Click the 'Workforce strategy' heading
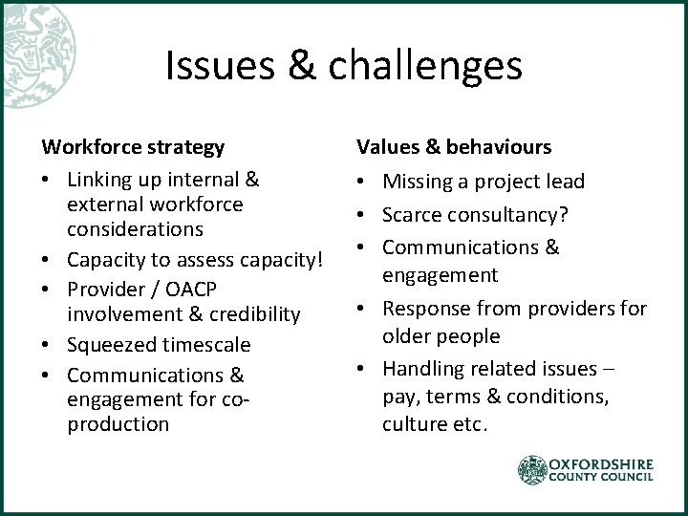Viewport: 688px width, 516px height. [133, 147]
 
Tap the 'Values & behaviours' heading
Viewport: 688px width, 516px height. [454, 147]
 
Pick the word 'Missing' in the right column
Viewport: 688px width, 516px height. [417, 182]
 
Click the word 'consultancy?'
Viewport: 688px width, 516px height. [514, 215]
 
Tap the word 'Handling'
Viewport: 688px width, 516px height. [421, 368]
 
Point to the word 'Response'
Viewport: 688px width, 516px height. [424, 309]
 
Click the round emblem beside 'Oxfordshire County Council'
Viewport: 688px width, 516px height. [533, 470]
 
